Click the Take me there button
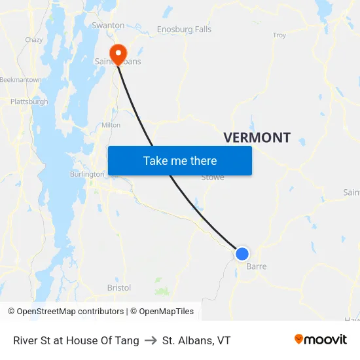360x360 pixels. click(x=180, y=160)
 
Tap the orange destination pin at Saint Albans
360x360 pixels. click(x=118, y=53)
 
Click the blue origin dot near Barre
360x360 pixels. click(x=242, y=253)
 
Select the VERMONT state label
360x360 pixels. click(x=257, y=137)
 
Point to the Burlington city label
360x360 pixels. click(x=87, y=174)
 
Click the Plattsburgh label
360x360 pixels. click(x=29, y=101)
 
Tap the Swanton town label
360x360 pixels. click(x=108, y=26)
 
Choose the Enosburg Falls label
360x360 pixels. click(x=184, y=29)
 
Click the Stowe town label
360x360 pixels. click(x=212, y=177)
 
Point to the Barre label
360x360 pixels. click(x=256, y=266)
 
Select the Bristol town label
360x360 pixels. click(x=118, y=287)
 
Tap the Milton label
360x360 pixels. click(x=111, y=124)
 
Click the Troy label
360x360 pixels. click(x=279, y=35)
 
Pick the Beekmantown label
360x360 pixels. click(x=20, y=79)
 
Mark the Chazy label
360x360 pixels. click(x=34, y=40)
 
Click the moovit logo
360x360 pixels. click(x=320, y=339)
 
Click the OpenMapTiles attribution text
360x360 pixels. click(x=162, y=312)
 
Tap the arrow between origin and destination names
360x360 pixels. click(x=151, y=340)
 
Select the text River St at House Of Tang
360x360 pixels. click(x=76, y=340)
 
